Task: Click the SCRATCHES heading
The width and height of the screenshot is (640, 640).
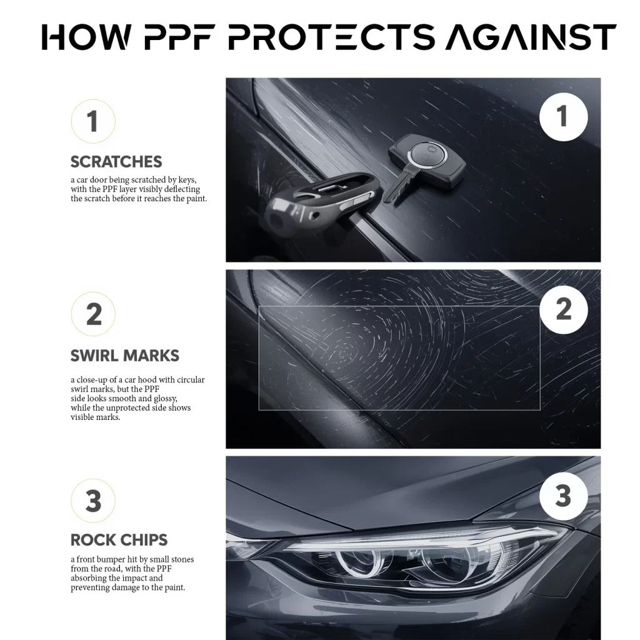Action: (116, 162)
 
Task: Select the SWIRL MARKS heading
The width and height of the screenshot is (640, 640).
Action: (125, 356)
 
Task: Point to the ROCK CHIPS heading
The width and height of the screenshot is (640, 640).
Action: (119, 539)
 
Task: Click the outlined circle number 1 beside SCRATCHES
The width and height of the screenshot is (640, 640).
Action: (92, 121)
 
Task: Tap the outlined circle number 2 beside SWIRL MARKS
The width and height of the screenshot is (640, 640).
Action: (93, 314)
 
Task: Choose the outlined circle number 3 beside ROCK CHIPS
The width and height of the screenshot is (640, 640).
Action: (92, 502)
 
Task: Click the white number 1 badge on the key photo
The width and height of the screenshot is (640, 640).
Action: (563, 117)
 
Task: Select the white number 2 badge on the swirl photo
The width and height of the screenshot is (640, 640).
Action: (563, 309)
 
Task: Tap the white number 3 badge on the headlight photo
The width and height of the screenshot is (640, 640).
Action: (563, 496)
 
